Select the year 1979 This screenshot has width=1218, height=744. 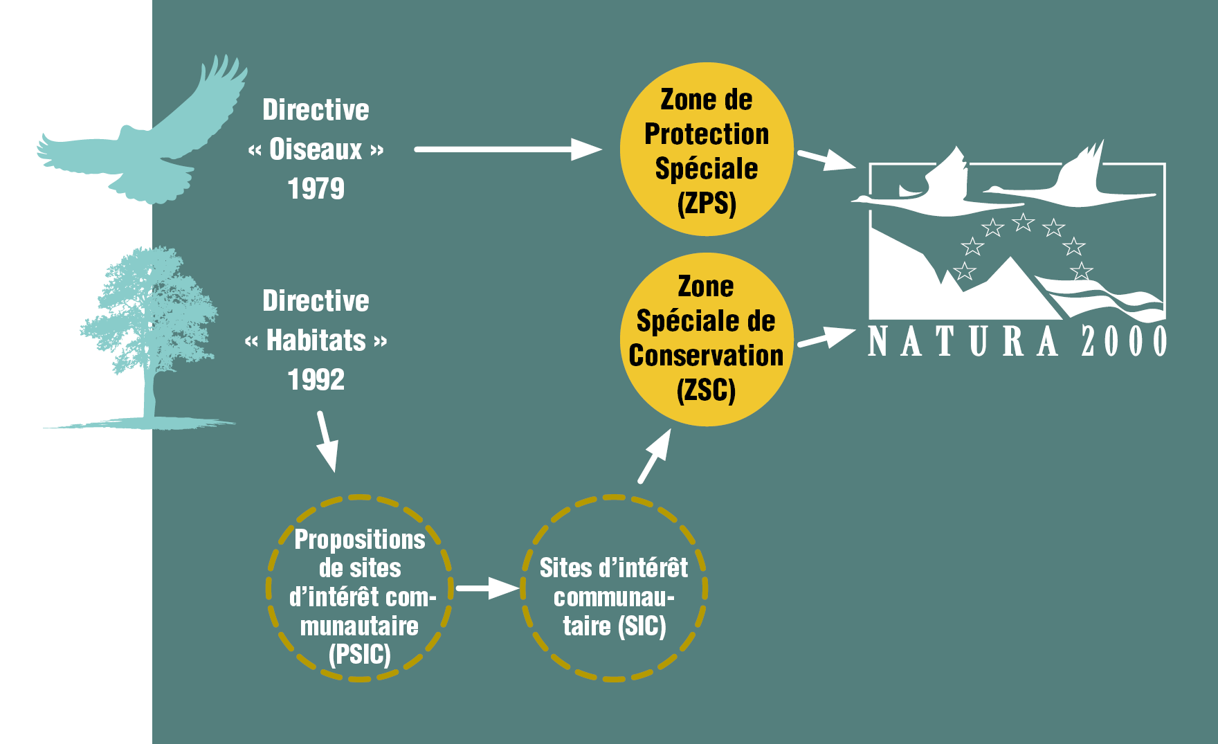tap(316, 189)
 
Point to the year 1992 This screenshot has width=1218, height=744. tap(316, 380)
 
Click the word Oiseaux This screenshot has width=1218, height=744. tap(316, 149)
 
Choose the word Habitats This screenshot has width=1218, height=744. tap(316, 341)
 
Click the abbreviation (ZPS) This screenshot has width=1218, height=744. tap(707, 203)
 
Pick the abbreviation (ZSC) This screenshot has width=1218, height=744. tap(706, 390)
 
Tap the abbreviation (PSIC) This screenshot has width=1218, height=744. tap(360, 655)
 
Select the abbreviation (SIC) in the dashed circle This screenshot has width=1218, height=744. tap(644, 626)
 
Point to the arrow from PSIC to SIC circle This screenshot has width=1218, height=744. tap(487, 588)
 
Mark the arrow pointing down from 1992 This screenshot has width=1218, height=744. tap(327, 442)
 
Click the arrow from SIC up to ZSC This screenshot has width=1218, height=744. tap(655, 456)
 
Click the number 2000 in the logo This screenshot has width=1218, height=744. tap(1124, 341)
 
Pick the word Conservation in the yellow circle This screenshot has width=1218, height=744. tap(706, 356)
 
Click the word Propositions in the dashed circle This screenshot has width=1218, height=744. tap(360, 540)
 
